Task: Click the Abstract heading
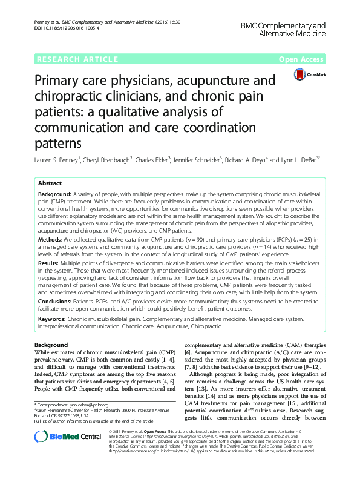tap(50, 183)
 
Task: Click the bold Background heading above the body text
tap(51, 345)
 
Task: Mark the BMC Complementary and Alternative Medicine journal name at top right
tap(283, 30)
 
